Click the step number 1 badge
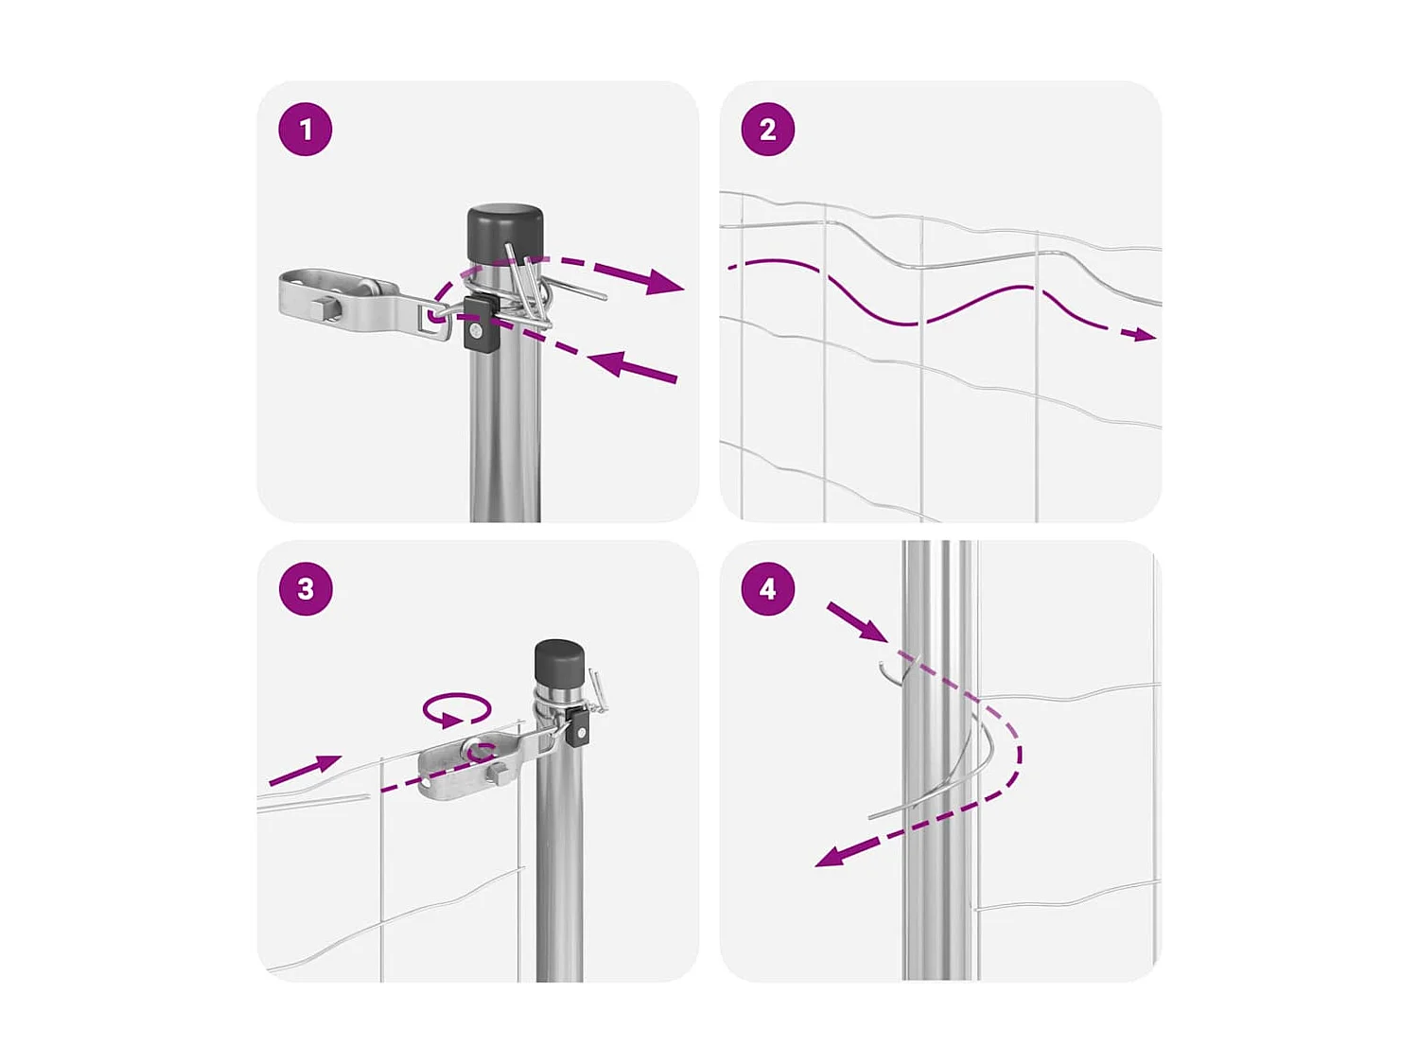306,130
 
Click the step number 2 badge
767,130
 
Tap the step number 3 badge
306,588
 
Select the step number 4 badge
767,588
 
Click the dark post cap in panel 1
504,234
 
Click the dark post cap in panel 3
559,666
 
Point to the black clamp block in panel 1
480,323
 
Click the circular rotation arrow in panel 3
457,709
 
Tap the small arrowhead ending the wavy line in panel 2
1146,334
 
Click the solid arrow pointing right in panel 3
306,770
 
